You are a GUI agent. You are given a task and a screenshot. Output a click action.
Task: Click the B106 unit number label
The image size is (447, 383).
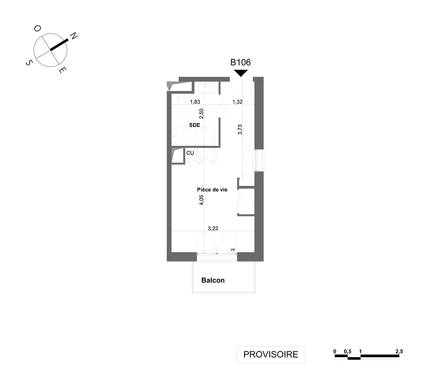coord(240,63)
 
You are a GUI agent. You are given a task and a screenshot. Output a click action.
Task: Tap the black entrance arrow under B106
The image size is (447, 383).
coord(240,73)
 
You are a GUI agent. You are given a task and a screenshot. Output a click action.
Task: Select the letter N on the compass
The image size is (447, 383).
coord(74,36)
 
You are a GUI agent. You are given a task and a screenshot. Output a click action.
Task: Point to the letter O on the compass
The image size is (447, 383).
coord(38,29)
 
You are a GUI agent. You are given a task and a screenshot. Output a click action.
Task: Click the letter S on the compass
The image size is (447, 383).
coord(29,63)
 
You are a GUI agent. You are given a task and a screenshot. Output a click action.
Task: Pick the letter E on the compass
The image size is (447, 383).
coord(63,70)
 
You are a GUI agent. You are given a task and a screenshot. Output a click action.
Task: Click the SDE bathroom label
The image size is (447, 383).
coord(194,125)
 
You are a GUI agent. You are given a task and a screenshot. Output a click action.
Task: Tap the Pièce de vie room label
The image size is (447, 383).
coord(212,189)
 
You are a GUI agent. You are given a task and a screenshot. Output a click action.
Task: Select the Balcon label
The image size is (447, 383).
coord(213,280)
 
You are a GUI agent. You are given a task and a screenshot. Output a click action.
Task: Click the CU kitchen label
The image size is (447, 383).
coord(190,153)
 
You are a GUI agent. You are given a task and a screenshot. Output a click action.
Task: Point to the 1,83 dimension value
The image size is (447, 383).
coord(195,102)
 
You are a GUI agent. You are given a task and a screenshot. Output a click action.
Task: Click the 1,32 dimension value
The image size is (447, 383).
coord(237,102)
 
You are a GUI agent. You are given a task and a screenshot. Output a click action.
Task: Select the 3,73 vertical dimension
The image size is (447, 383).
coord(240,129)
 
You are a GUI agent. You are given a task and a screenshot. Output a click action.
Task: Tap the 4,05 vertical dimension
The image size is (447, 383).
coord(202,200)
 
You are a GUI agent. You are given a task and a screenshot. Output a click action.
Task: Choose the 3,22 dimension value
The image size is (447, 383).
coord(213,228)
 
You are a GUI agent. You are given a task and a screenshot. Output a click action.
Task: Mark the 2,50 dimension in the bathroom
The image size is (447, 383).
coord(202,114)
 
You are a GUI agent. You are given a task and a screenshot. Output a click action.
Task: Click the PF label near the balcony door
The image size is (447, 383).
coord(233,250)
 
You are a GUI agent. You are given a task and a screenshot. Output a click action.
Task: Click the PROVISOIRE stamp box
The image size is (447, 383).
coord(271,354)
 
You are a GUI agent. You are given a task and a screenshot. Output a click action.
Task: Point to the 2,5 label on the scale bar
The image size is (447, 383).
coord(399,351)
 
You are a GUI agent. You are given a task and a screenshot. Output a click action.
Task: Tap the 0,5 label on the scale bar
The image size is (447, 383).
coord(347,351)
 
